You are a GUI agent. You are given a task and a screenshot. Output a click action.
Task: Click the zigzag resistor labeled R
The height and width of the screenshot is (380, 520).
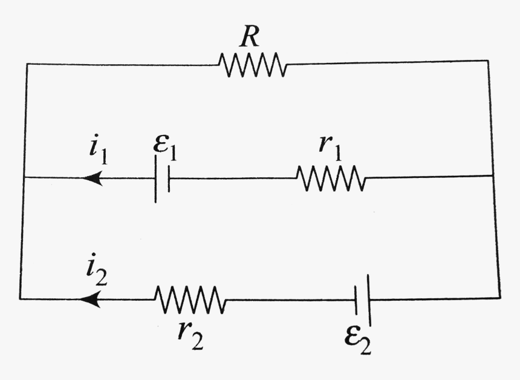point(253,64)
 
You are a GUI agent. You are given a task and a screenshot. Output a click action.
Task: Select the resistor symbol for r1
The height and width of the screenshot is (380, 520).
point(331,179)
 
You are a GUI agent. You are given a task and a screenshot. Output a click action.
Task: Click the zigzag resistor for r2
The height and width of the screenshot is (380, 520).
point(190,300)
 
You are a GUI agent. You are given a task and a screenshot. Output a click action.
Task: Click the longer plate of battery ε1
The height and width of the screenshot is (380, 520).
point(156,179)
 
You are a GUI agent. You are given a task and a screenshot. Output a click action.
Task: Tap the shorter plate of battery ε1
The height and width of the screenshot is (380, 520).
point(169,179)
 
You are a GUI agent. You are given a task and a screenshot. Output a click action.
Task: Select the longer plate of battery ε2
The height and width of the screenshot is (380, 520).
point(368,299)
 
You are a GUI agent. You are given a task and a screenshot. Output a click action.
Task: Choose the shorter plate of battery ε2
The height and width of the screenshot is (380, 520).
point(356,299)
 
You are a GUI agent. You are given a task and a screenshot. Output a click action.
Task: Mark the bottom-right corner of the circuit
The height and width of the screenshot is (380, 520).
point(499,298)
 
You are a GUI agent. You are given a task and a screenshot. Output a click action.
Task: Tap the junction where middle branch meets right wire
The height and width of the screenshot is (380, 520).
point(494,176)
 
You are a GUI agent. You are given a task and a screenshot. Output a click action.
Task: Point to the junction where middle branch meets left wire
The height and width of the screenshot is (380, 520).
point(24,178)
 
